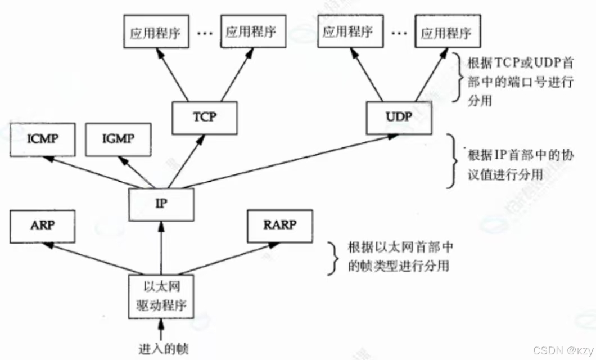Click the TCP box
(x=204, y=118)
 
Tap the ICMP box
(x=42, y=138)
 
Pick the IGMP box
(x=119, y=138)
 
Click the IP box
(x=161, y=204)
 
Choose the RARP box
(x=279, y=226)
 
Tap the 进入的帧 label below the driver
(x=163, y=348)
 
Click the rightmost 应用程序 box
(x=444, y=33)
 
